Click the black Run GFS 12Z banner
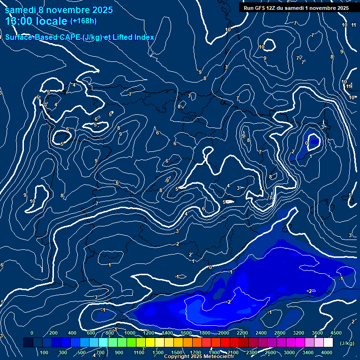point(296,8)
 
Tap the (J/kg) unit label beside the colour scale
point(347,344)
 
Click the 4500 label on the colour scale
point(336,333)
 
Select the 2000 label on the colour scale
point(223,333)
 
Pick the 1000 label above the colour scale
point(129,333)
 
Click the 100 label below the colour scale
point(45,352)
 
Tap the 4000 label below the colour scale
point(327,352)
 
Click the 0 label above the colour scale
point(32,333)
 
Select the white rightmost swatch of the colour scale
point(328,343)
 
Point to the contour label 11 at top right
point(354,25)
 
